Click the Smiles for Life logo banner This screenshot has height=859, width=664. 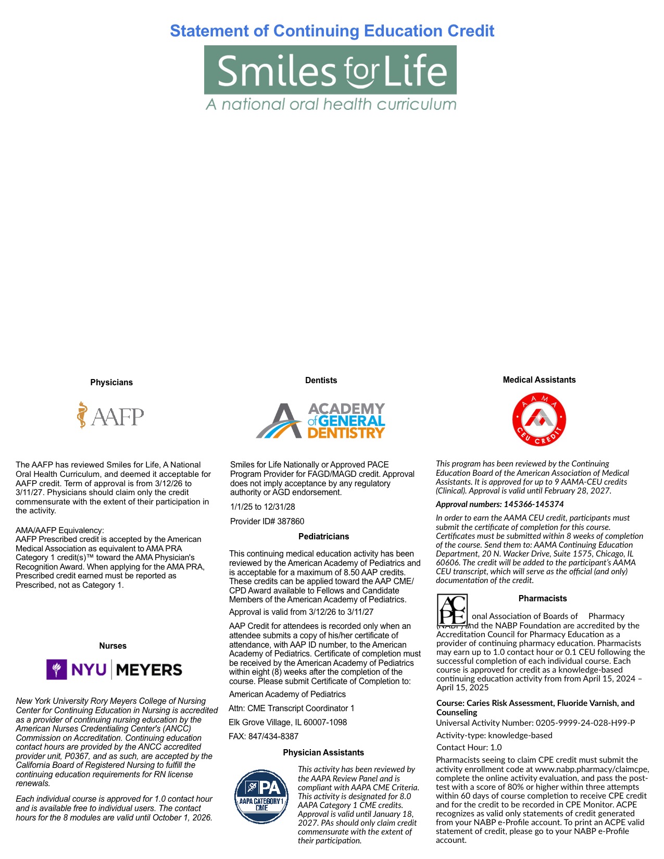coord(330,70)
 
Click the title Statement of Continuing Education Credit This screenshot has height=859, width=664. coord(332,31)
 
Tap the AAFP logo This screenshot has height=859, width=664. coord(110,415)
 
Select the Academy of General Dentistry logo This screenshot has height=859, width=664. coord(320,421)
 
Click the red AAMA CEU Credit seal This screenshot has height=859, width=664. coord(539,420)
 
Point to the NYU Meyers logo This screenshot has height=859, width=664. coord(114,669)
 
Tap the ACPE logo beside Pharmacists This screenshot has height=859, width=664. coord(452,610)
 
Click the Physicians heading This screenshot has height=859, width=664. coord(111,383)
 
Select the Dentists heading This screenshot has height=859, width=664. coord(321,381)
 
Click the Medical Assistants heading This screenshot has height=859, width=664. coord(539,380)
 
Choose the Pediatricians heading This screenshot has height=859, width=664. coord(323,537)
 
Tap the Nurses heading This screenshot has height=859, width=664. coord(112,646)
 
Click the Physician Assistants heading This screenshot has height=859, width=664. coord(323,753)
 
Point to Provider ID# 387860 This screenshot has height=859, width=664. coord(267,522)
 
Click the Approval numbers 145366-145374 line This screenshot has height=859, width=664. coord(499,504)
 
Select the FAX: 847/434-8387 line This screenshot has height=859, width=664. coord(264,737)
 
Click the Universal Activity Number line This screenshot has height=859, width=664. coord(535,723)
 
